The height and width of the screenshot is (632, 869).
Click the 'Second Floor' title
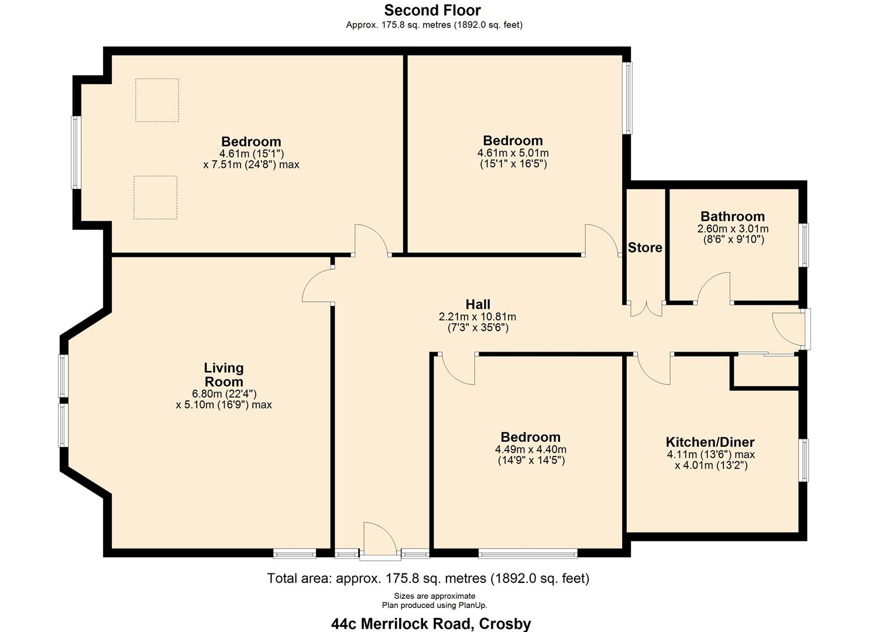click(432, 11)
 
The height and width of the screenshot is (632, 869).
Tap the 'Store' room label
click(645, 248)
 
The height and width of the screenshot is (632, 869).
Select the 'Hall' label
click(478, 304)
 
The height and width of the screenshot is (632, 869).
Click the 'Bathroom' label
click(733, 217)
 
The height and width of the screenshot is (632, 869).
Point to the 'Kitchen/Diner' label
click(710, 442)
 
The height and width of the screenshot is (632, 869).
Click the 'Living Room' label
click(224, 375)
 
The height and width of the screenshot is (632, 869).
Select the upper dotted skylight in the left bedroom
click(157, 100)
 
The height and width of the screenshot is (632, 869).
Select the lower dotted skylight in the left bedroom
click(155, 198)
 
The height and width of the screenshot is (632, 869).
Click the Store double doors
click(646, 308)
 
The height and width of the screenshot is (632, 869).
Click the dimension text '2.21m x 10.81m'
click(478, 317)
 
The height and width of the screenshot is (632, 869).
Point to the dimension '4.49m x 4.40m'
click(530, 449)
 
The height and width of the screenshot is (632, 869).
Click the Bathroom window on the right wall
click(805, 245)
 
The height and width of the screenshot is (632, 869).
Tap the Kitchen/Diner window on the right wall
click(805, 460)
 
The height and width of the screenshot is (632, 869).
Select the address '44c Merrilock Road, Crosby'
click(431, 624)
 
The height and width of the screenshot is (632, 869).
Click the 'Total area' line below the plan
click(428, 578)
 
